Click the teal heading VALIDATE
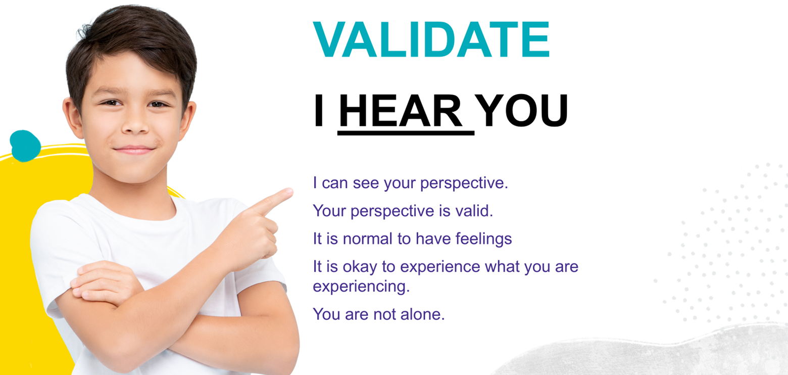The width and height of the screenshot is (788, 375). tap(431, 39)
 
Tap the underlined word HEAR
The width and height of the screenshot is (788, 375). tap(401, 111)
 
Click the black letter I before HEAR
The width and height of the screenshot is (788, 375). tap(319, 111)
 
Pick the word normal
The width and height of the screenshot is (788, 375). tap(368, 239)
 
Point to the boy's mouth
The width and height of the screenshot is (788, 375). tap(134, 150)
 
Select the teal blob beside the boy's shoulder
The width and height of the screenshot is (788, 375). tap(25, 146)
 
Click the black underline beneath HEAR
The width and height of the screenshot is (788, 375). tap(406, 133)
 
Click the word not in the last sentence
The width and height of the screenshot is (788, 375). tap(384, 314)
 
